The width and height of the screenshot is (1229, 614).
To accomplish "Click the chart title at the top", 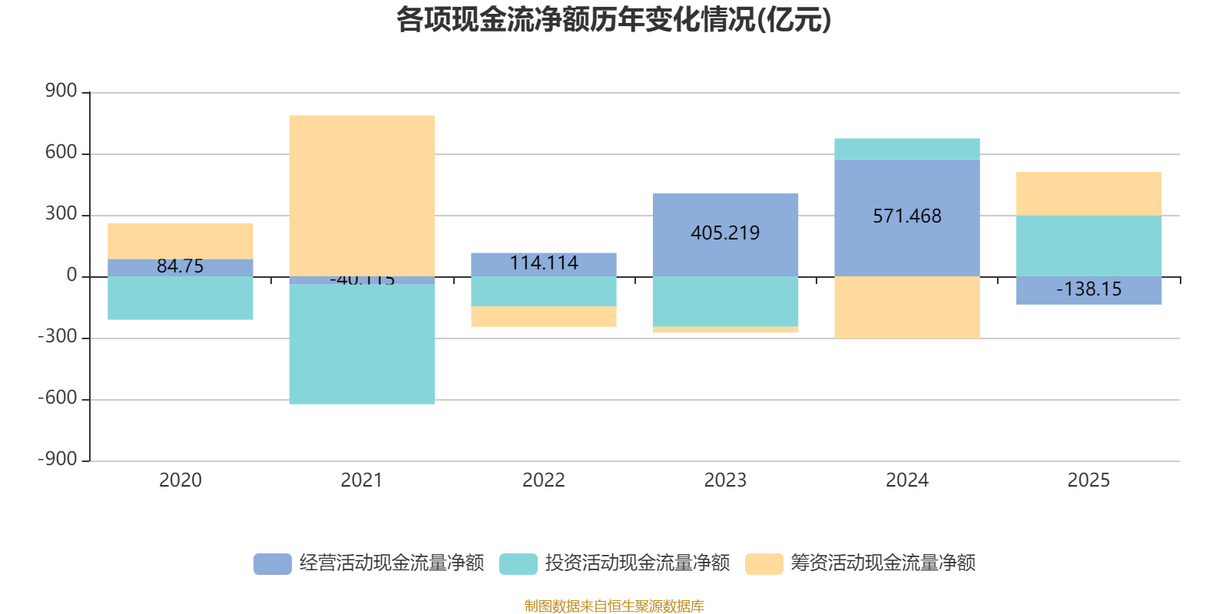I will coord(614,20).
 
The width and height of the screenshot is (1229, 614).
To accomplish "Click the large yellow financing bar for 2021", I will coord(362,195).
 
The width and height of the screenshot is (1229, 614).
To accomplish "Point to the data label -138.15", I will coord(1088,289).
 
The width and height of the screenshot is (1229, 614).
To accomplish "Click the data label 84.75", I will coord(181,266).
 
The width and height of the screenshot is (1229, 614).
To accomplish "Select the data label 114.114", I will coord(544,263).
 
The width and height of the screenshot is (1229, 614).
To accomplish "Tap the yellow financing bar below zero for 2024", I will coord(906,307).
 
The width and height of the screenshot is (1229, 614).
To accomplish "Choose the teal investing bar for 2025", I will coord(1088,246).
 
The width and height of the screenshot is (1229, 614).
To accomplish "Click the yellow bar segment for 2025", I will coord(1088,193).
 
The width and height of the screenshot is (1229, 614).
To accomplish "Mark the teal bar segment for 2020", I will coord(181,298).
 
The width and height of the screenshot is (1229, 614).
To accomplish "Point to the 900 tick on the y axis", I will coord(61,91).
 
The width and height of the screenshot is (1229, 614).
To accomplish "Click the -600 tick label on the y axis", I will coord(58,398).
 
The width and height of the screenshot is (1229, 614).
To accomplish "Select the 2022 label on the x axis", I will coord(544,480).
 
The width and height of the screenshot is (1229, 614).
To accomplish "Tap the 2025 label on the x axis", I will coord(1088,480).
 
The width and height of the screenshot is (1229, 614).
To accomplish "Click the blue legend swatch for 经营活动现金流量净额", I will coord(273,563).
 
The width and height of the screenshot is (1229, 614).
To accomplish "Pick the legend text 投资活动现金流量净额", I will coord(637,563).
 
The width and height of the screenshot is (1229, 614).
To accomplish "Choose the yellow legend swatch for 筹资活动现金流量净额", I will coord(764,563).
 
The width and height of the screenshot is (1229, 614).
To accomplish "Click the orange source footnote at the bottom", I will coord(614,606).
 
